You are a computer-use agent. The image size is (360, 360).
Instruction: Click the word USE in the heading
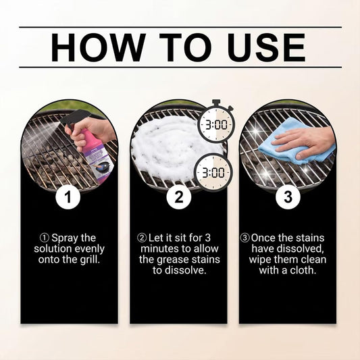point(267,47)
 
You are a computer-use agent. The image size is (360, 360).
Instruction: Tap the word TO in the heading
point(185,47)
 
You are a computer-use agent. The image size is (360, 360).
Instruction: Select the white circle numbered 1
point(68,197)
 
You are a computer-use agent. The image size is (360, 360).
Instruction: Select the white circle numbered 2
point(179,197)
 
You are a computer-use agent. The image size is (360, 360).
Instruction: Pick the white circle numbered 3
point(288,197)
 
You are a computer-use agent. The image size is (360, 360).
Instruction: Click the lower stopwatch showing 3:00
point(213,172)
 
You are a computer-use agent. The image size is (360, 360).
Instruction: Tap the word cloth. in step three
point(303,270)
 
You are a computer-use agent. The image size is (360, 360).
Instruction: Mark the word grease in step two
point(173,260)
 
